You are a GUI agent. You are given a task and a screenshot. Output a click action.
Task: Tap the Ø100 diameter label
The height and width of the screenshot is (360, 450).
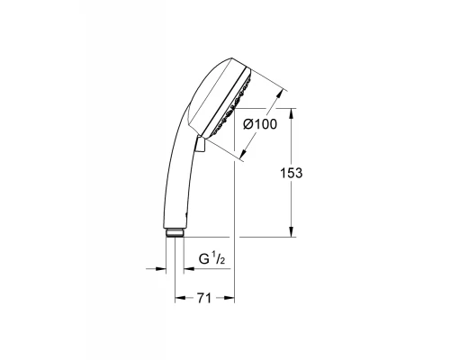click(259, 126)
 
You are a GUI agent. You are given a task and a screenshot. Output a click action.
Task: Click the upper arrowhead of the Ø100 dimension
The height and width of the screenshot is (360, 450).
click(283, 93)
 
